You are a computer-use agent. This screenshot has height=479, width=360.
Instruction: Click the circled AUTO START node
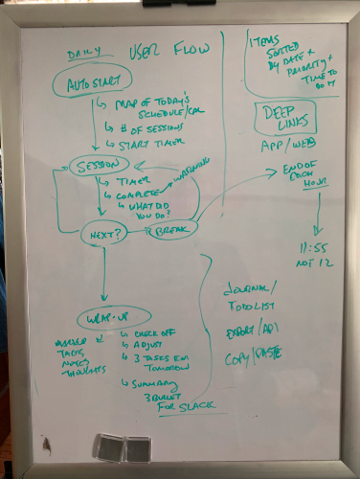(x=92, y=83)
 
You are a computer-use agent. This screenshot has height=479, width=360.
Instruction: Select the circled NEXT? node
(x=101, y=232)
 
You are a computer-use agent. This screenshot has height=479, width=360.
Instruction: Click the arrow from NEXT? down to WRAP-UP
(x=101, y=273)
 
